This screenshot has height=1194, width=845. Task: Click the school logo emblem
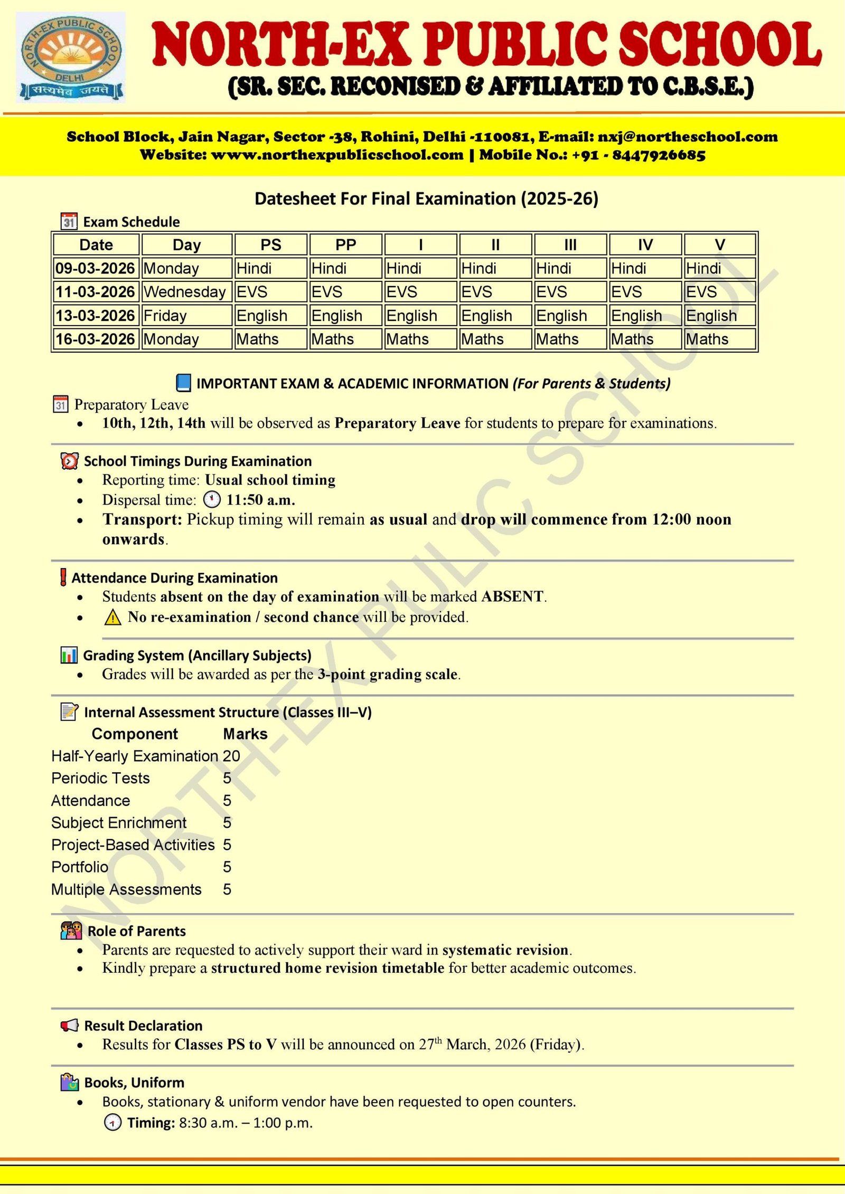71,57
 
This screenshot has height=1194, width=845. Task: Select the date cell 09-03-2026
96,268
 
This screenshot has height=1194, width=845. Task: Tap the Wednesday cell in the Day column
185,292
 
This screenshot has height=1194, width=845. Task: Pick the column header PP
345,245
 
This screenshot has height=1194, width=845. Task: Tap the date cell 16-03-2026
96,339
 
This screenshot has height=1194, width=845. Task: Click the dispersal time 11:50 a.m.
260,500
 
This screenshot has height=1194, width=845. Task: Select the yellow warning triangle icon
112,617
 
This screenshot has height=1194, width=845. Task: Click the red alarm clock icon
69,461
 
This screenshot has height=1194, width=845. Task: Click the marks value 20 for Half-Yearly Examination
231,756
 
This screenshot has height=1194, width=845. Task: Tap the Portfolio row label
80,867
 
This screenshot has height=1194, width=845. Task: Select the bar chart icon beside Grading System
69,655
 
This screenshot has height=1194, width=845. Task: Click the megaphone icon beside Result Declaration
69,1026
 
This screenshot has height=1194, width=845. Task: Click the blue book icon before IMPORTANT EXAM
183,383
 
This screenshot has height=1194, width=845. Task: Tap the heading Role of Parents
136,931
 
